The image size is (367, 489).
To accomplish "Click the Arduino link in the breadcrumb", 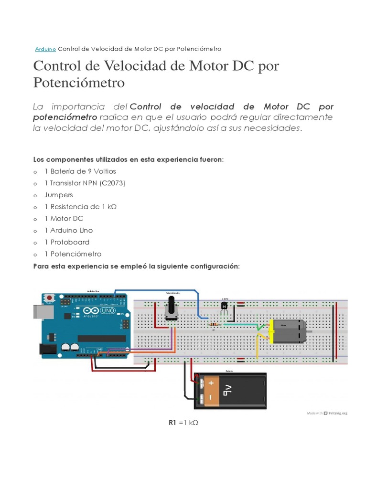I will pyautogui.click(x=46, y=49).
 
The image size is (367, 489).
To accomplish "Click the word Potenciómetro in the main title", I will pyautogui.click(x=79, y=83).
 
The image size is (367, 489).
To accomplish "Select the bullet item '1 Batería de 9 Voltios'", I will pyautogui.click(x=80, y=171).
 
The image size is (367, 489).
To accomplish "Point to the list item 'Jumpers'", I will pyautogui.click(x=59, y=195).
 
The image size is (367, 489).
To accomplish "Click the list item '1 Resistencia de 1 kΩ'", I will pyautogui.click(x=80, y=207).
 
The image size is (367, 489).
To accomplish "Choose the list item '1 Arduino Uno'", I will pyautogui.click(x=68, y=230).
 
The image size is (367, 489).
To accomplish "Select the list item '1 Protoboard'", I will pyautogui.click(x=67, y=242).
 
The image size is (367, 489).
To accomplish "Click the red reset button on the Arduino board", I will pyautogui.click(x=49, y=298).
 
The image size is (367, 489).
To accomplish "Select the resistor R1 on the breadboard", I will pyautogui.click(x=214, y=325).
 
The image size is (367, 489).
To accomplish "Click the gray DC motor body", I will pyautogui.click(x=289, y=331).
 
